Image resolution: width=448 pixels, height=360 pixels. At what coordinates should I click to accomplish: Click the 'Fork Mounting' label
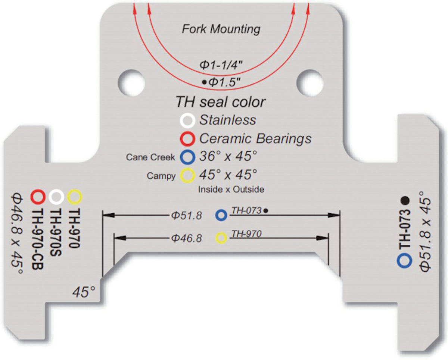pos(221,29)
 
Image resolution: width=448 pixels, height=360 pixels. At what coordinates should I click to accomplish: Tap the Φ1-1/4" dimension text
pos(221,65)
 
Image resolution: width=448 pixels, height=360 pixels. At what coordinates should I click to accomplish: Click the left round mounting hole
pos(131,83)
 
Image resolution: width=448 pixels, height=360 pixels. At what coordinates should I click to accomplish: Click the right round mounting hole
pos(310,83)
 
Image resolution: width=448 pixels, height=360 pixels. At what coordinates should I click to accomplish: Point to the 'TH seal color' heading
pos(221,102)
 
